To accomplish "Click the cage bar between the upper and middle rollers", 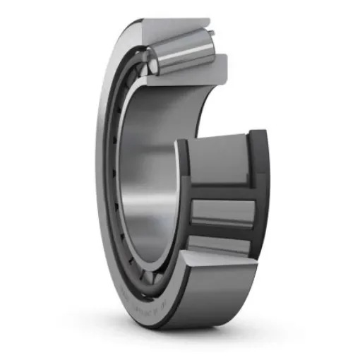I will [x=222, y=189].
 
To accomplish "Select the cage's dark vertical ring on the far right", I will [x=260, y=191].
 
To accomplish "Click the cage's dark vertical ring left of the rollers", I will [x=183, y=198].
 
